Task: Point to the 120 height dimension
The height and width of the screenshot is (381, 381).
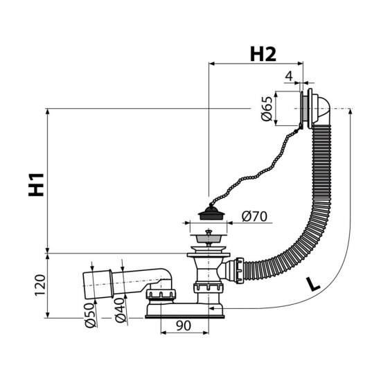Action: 39,284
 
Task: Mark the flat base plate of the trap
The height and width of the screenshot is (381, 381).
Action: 187,317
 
